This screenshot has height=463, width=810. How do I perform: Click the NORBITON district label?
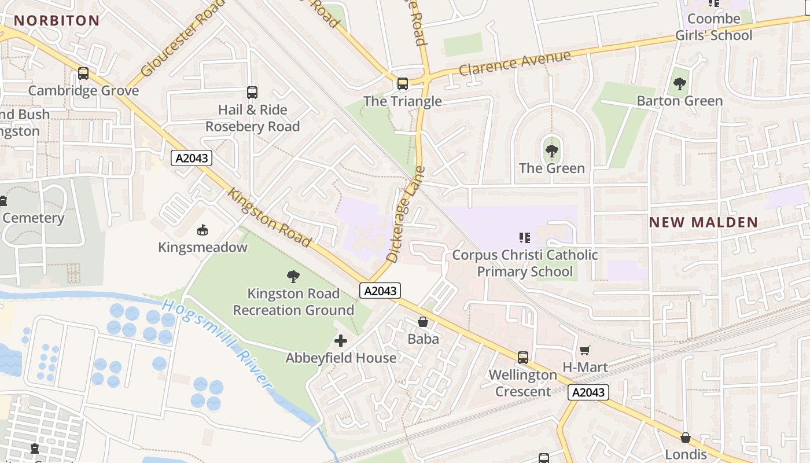pos(57,21)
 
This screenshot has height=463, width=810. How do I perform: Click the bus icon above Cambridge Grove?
pos(83,74)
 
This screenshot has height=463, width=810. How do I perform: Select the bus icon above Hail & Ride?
pos(252,92)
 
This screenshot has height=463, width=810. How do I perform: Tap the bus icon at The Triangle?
pos(403,84)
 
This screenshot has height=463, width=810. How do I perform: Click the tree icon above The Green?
pos(551,152)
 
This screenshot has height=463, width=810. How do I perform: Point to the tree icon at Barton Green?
pos(679,84)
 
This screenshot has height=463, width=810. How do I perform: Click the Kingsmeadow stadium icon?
pos(203,230)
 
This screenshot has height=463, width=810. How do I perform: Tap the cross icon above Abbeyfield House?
pos(341,341)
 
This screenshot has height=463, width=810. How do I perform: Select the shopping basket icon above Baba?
pos(423,322)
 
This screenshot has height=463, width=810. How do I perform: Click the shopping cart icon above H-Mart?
pos(584,350)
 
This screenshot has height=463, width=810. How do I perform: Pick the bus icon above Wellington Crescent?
pos(523,357)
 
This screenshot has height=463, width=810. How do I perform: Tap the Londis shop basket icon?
pos(686,438)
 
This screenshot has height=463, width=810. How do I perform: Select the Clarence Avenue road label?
pos(515,63)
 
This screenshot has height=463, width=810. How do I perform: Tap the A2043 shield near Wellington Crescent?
pos(588,392)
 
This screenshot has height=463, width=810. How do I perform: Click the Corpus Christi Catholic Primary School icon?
pos(525,237)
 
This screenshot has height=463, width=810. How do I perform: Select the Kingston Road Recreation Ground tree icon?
pos(293,277)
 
